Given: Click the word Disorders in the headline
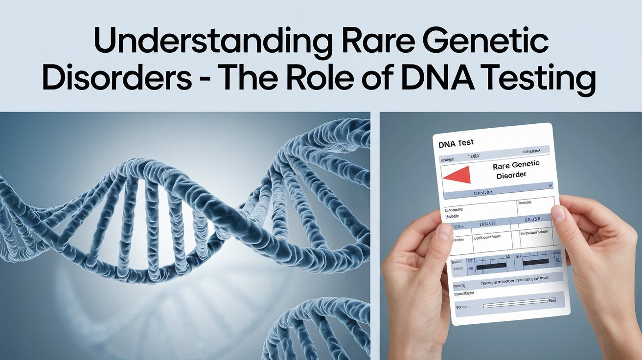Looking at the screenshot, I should pyautogui.click(x=116, y=78).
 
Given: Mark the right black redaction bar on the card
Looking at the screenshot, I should pyautogui.click(x=535, y=263).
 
